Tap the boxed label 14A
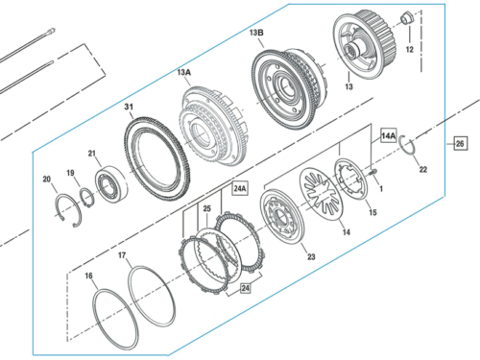tap(387, 134)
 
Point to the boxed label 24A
tap(240, 188)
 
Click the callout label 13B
tap(255, 34)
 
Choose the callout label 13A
tap(183, 71)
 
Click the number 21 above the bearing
tap(93, 154)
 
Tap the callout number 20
tap(46, 179)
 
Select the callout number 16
tap(88, 276)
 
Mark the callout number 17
tap(122, 256)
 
